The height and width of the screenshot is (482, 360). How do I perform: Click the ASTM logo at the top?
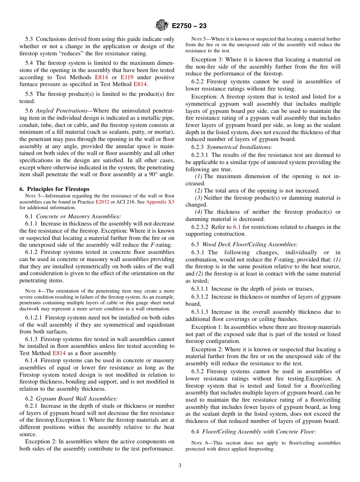point(162,26)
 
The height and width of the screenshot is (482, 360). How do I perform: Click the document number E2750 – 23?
point(189,26)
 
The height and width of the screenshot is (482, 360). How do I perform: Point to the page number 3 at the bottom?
point(180,466)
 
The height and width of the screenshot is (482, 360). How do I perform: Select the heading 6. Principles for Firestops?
point(54,189)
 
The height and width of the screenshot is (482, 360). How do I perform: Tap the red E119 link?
point(127,77)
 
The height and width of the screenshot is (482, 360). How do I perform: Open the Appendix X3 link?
point(160,202)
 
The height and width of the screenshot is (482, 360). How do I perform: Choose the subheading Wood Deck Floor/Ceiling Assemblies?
point(250,245)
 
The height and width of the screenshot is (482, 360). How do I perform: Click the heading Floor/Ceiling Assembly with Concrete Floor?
point(259,431)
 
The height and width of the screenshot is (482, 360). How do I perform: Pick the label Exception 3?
point(208,59)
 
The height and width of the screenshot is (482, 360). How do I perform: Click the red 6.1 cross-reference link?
point(237,227)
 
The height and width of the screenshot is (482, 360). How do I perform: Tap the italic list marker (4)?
point(199,212)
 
